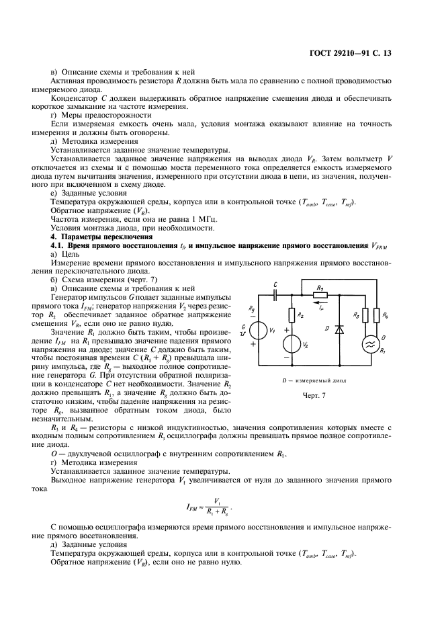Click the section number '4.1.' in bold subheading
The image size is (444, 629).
coord(60,246)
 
